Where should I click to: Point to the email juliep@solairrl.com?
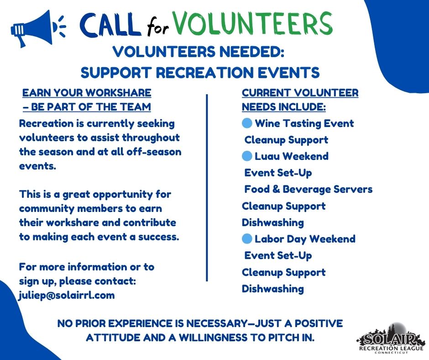(67, 295)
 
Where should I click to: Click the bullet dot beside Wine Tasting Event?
(247, 123)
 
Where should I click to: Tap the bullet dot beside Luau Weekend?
(247, 156)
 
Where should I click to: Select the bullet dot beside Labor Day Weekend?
(247, 239)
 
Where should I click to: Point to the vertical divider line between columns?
(207, 188)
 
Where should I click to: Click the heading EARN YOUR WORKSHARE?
(87, 93)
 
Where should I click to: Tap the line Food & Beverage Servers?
(309, 189)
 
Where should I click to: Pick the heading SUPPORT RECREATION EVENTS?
(200, 72)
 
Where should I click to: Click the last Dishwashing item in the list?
(273, 289)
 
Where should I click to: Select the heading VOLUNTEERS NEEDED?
(199, 52)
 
